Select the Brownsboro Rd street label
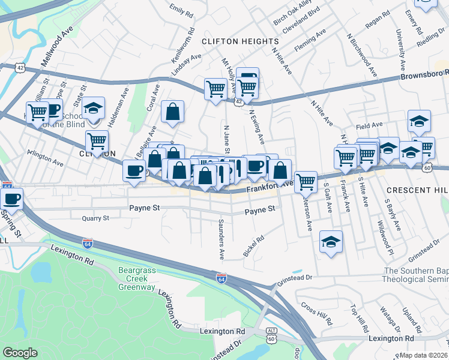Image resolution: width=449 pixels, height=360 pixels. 424,77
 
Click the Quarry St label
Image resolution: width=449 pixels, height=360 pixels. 95,218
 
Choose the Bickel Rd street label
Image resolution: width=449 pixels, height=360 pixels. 253,244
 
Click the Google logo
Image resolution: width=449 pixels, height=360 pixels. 20,353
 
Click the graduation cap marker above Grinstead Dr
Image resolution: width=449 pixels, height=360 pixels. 331,242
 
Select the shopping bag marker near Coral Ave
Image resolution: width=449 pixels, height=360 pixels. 172,112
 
